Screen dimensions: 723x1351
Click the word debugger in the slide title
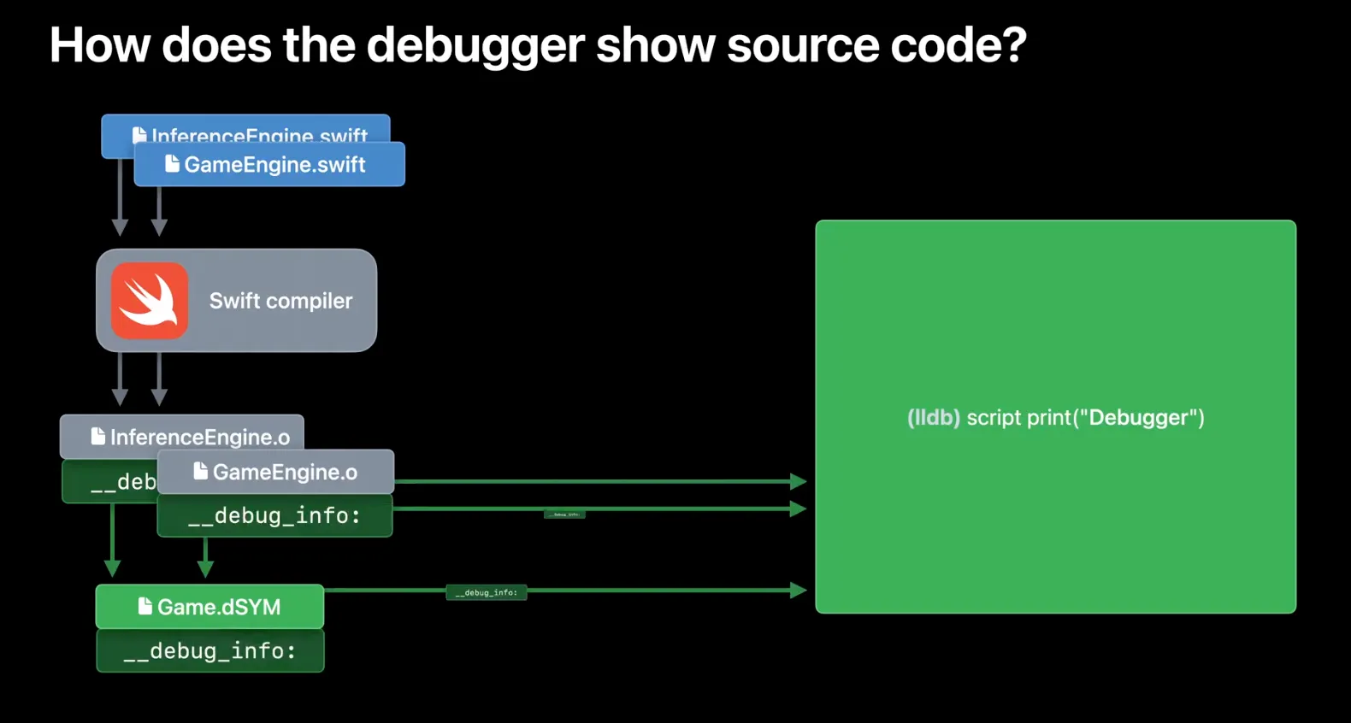click(475, 46)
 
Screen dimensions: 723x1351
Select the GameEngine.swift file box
click(269, 165)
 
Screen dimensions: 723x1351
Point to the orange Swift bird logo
click(150, 301)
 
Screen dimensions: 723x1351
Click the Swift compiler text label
click(280, 301)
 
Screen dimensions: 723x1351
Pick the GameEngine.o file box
click(275, 472)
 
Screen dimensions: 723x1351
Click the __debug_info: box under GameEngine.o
click(274, 515)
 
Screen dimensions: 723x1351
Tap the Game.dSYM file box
click(209, 607)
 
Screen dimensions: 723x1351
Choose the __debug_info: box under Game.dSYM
click(209, 651)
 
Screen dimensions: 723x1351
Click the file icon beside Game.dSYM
click(145, 606)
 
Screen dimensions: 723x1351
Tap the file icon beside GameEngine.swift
click(172, 163)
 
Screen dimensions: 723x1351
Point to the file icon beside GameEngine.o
click(200, 471)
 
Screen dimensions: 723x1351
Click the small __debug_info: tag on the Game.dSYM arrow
click(486, 592)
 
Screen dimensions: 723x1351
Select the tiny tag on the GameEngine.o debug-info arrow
click(564, 514)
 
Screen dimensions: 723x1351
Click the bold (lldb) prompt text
click(933, 418)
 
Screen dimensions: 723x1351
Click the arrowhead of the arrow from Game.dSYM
click(798, 590)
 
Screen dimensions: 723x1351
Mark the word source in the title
click(803, 46)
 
